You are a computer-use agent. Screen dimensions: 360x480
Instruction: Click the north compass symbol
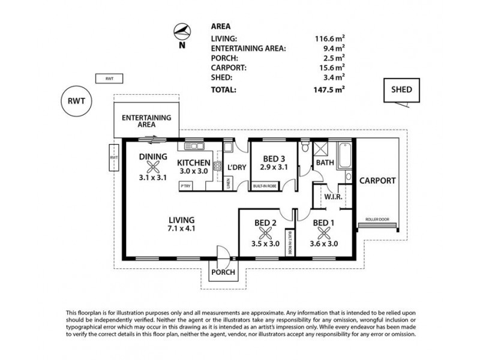[x=182, y=31]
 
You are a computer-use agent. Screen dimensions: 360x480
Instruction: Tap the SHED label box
[x=401, y=91]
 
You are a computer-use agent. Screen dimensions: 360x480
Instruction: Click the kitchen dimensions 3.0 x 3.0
[x=194, y=172]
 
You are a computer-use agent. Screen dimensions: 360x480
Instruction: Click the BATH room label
[x=325, y=163]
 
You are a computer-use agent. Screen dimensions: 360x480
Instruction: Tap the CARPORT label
[x=377, y=180]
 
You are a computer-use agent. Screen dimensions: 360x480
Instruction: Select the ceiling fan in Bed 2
[x=265, y=234]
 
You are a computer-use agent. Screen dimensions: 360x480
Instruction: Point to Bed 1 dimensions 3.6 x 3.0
[x=323, y=244]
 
